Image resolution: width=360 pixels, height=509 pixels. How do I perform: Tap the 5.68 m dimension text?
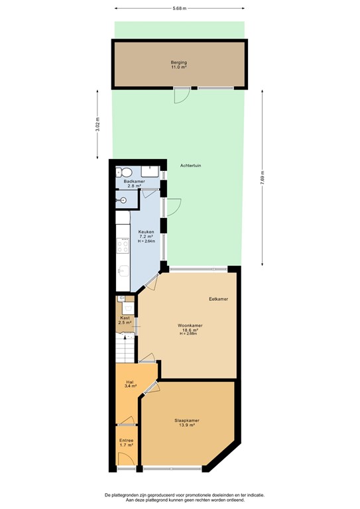[179, 9]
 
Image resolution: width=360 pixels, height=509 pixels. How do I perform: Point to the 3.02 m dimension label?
[97, 125]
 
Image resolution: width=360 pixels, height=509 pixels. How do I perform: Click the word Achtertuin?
[192, 165]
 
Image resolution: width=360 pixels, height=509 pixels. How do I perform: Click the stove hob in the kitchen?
[123, 247]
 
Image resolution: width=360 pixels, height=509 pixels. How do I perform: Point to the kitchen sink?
[123, 271]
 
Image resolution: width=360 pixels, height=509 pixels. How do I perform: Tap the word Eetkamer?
[218, 299]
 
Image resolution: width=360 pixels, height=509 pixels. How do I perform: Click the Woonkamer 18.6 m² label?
[190, 328]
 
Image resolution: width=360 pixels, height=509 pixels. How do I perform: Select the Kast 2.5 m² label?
[125, 320]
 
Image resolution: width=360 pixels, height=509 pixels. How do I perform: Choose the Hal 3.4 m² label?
[131, 384]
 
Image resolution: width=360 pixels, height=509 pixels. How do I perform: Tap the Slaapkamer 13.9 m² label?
[187, 423]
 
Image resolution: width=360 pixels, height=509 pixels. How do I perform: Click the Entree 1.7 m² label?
[126, 443]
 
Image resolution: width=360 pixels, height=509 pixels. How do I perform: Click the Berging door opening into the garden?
[181, 96]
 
